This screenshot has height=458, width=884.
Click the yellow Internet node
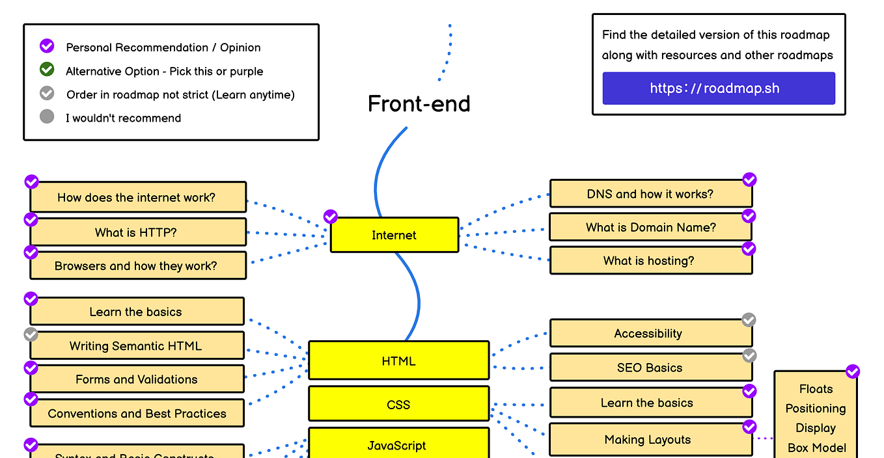point(394,235)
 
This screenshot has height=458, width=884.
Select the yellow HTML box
point(398,360)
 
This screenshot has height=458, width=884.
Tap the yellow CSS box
point(398,404)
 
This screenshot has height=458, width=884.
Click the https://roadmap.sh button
point(718,88)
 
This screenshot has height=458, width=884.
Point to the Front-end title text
point(419,104)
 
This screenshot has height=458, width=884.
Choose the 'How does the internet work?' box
point(138,197)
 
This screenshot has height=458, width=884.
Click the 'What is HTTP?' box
point(138,232)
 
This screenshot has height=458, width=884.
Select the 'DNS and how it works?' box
point(650,194)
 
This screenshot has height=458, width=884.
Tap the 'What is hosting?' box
point(650,261)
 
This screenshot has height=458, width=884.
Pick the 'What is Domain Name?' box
point(650,227)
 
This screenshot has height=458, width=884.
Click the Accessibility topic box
point(650,333)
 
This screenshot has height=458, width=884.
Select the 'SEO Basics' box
point(650,368)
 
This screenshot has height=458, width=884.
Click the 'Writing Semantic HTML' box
point(137,345)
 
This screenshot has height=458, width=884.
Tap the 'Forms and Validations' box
point(137,379)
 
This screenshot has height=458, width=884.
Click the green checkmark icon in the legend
point(47,70)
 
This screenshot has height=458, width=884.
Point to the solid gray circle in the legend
point(47,117)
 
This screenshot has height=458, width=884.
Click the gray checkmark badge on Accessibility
point(749,319)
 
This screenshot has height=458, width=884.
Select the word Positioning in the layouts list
point(815,409)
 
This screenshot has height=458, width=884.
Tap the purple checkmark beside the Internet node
point(331,216)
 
